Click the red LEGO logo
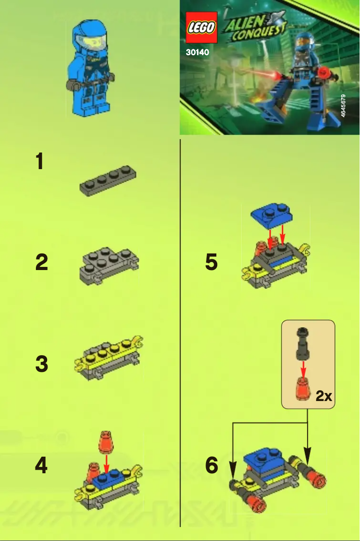coord(201,27)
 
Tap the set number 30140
coord(198,52)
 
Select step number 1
coord(40,161)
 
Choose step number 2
coord(41,262)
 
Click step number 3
coord(41,364)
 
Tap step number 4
coord(41,466)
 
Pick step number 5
coord(211,262)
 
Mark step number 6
coord(211,466)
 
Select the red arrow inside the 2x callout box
coord(303,369)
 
